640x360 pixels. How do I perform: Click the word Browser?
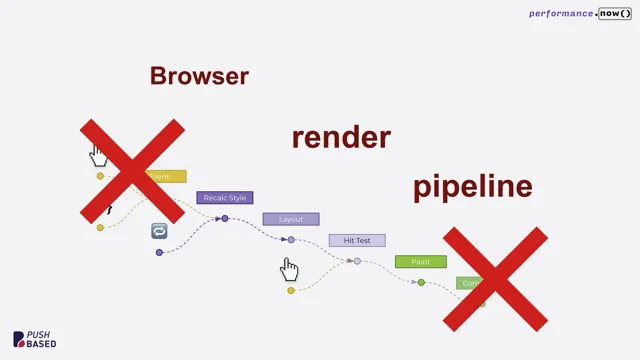[x=199, y=76]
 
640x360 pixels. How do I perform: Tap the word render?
[x=341, y=137]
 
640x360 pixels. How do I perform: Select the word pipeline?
[x=472, y=186]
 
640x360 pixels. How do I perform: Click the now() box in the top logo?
[x=615, y=14]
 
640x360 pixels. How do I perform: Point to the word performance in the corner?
[x=561, y=14]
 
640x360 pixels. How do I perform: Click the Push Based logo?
[x=34, y=340]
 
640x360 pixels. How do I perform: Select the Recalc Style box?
[x=225, y=198]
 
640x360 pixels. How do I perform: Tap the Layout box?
[x=291, y=219]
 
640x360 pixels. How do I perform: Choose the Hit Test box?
[x=357, y=241]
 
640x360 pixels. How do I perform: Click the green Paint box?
[x=420, y=262]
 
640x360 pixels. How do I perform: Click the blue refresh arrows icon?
[x=159, y=231]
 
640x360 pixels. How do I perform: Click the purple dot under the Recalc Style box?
[x=225, y=218]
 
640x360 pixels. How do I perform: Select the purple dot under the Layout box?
[x=291, y=240]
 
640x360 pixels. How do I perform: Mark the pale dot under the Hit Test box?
[x=357, y=261]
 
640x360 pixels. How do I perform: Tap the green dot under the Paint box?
[x=421, y=283]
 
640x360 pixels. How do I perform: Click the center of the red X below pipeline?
[x=495, y=279]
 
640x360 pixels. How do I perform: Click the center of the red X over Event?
[x=132, y=171]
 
